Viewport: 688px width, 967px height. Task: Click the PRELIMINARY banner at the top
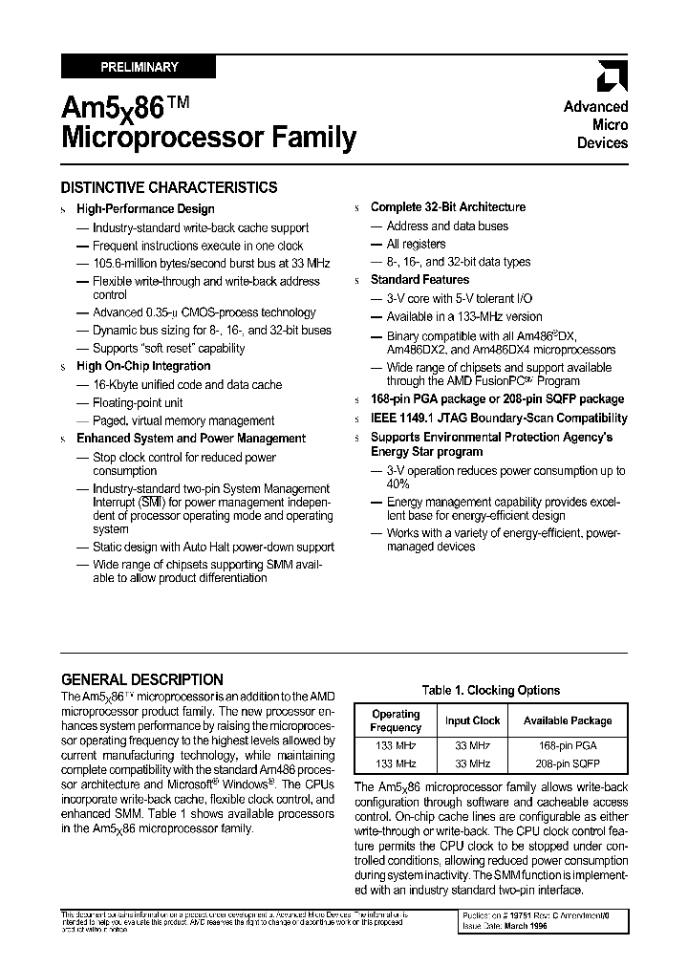[x=139, y=67]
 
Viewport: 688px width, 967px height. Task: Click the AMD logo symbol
[x=612, y=76]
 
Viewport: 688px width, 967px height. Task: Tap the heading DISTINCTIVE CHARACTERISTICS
[x=169, y=187]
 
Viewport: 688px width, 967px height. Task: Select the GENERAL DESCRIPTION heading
[x=142, y=679]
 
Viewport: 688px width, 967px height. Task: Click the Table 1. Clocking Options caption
[x=491, y=690]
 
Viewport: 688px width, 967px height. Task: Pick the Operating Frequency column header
[x=396, y=720]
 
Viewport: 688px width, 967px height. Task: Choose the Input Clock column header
[x=472, y=720]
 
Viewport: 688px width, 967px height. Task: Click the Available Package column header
[x=567, y=720]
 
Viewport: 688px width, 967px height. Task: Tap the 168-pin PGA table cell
[x=567, y=745]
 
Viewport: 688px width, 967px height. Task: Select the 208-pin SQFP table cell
[x=567, y=763]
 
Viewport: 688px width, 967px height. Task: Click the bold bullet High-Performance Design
[x=145, y=208]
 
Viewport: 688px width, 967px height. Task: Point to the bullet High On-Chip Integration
[x=143, y=366]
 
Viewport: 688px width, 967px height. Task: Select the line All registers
[x=416, y=244]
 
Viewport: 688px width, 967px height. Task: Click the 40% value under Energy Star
[x=398, y=484]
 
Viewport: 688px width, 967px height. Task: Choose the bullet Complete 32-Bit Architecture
[x=447, y=206]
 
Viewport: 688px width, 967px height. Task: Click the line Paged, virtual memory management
[x=183, y=420]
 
